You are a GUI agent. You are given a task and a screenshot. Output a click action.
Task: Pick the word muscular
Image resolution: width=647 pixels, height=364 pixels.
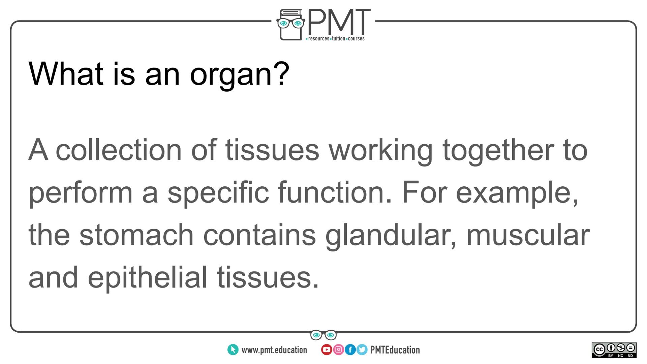[528, 235]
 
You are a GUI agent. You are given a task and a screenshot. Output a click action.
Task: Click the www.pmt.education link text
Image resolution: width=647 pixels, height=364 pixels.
[274, 350]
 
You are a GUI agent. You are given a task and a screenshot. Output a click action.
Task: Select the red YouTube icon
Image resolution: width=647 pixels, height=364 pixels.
[326, 350]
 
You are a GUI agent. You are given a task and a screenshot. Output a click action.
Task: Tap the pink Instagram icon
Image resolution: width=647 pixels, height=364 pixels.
[338, 350]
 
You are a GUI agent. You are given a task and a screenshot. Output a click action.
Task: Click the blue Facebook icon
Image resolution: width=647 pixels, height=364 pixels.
[350, 350]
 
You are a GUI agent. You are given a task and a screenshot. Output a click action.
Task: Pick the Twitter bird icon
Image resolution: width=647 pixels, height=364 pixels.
[362, 350]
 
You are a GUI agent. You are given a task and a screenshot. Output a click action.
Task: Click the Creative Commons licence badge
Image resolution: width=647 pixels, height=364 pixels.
[614, 350]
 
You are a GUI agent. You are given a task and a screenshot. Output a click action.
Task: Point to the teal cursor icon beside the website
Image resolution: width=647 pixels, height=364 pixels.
[233, 350]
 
